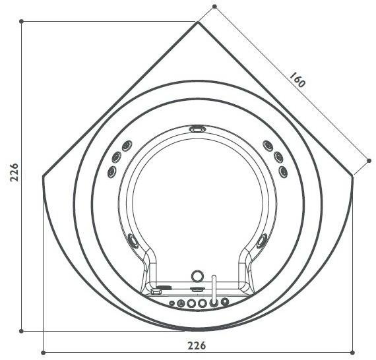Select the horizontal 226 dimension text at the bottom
(x=197, y=345)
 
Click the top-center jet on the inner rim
(x=197, y=129)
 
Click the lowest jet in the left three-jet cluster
(x=111, y=172)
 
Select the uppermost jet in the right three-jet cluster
(x=267, y=146)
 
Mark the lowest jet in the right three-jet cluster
(x=283, y=171)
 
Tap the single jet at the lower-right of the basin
(x=263, y=240)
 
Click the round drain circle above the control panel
(x=197, y=276)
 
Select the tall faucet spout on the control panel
(x=214, y=290)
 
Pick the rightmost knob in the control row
(x=225, y=303)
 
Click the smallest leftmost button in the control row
(x=172, y=303)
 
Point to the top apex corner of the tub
(x=198, y=22)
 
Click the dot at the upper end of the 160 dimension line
(x=214, y=7)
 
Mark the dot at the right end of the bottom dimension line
(x=354, y=352)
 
